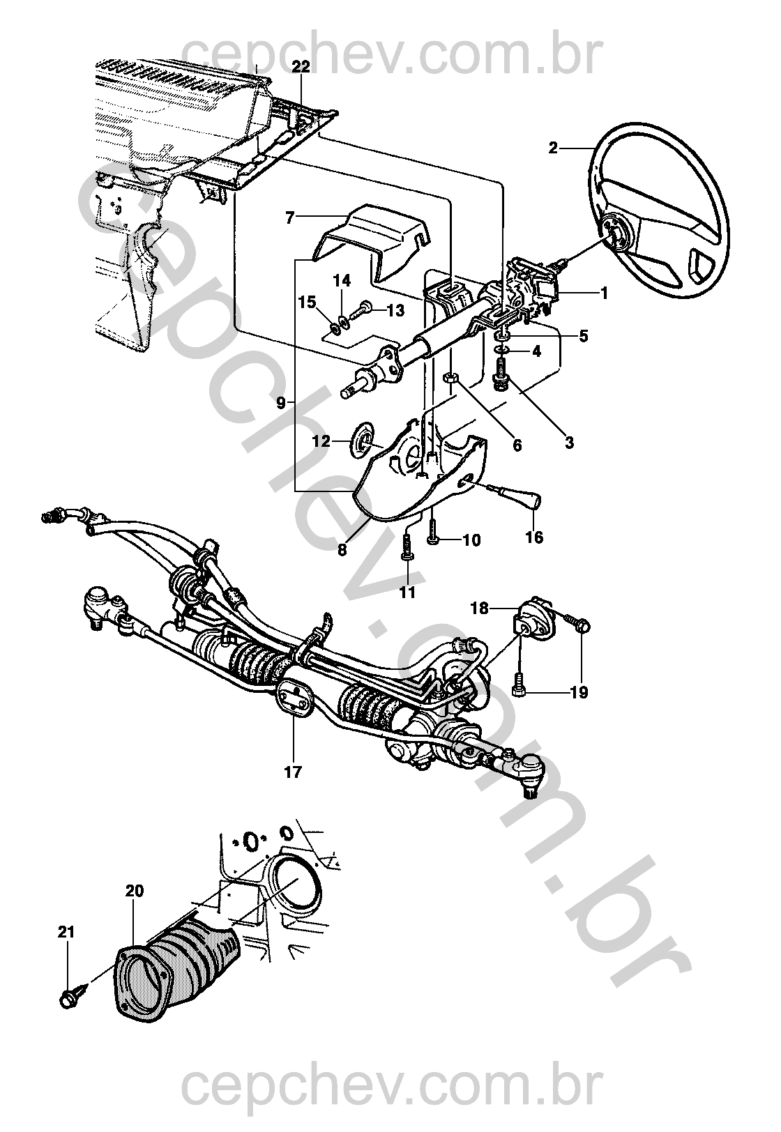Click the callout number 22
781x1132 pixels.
pyautogui.click(x=301, y=67)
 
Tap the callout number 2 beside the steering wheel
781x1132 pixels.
pyautogui.click(x=553, y=148)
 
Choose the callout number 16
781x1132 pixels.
pyautogui.click(x=535, y=537)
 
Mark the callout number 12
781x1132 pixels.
pyautogui.click(x=320, y=441)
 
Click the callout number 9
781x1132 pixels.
pyautogui.click(x=280, y=402)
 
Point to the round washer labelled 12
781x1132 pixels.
pyautogui.click(x=363, y=442)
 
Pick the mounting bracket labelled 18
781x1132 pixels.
pyautogui.click(x=536, y=618)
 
